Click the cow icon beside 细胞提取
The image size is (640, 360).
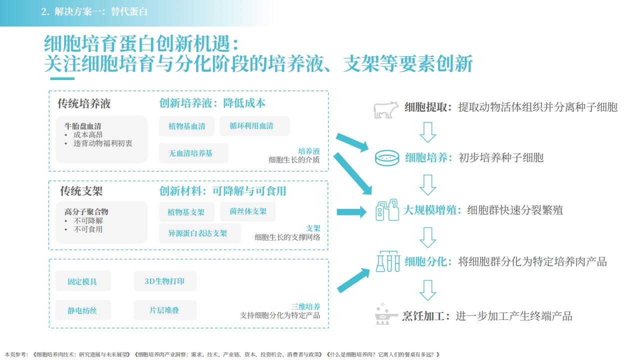pyautogui.click(x=385, y=110)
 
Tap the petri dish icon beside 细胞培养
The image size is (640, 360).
pyautogui.click(x=387, y=158)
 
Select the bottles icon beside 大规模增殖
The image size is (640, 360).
pyautogui.click(x=387, y=209)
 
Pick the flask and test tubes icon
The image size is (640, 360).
pyautogui.click(x=387, y=261)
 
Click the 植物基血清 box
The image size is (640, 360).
pyautogui.click(x=186, y=126)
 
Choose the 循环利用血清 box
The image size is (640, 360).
pyautogui.click(x=254, y=125)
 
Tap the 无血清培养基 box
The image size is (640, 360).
pyautogui.click(x=193, y=153)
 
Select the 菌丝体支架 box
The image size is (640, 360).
pyautogui.click(x=247, y=211)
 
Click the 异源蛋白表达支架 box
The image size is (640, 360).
pyautogui.click(x=199, y=233)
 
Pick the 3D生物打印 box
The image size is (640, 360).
pyautogui.click(x=165, y=281)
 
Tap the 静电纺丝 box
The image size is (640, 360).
pyautogui.click(x=83, y=310)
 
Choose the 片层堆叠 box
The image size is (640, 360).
pyautogui.click(x=165, y=310)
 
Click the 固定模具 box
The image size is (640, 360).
pyautogui.click(x=83, y=281)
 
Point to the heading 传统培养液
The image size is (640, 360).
pyautogui.click(x=84, y=103)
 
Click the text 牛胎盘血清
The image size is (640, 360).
pyautogui.click(x=83, y=126)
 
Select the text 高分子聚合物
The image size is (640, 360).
pyautogui.click(x=86, y=211)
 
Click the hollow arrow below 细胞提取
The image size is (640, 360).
pyautogui.click(x=427, y=132)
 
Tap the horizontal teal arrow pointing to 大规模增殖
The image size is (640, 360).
pyautogui.click(x=351, y=212)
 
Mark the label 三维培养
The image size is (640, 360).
pyautogui.click(x=305, y=306)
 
